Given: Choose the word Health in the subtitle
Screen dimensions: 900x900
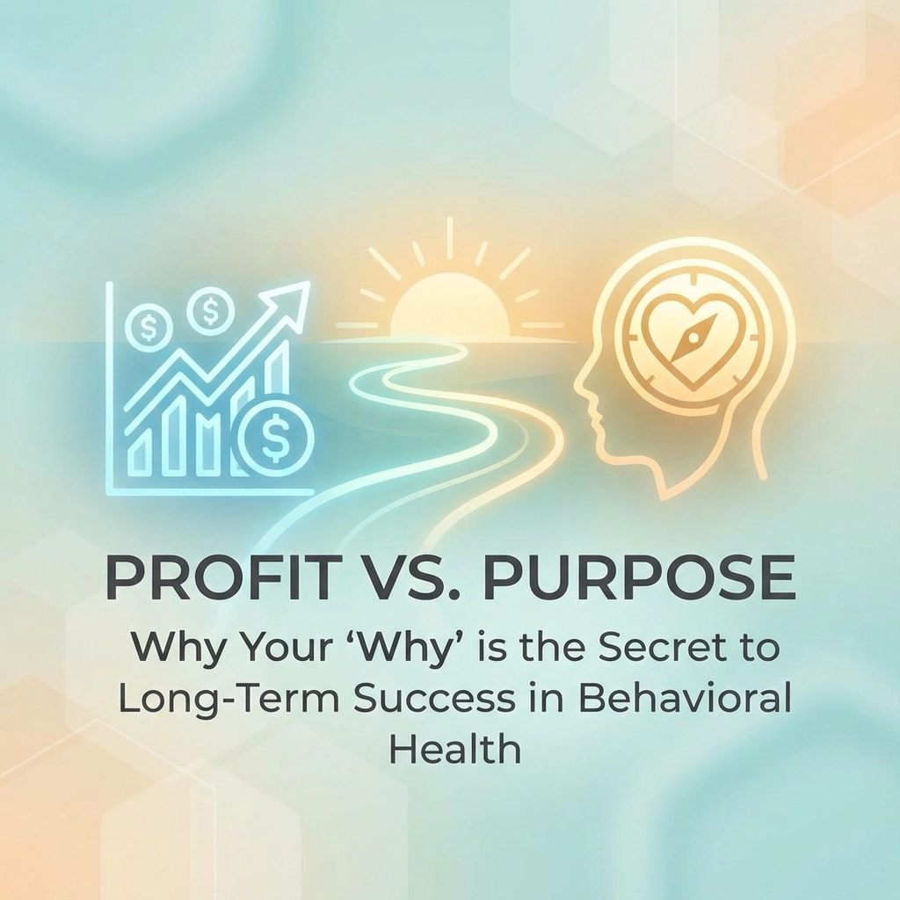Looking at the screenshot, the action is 455,749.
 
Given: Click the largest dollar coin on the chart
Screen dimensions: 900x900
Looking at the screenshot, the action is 275,436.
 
